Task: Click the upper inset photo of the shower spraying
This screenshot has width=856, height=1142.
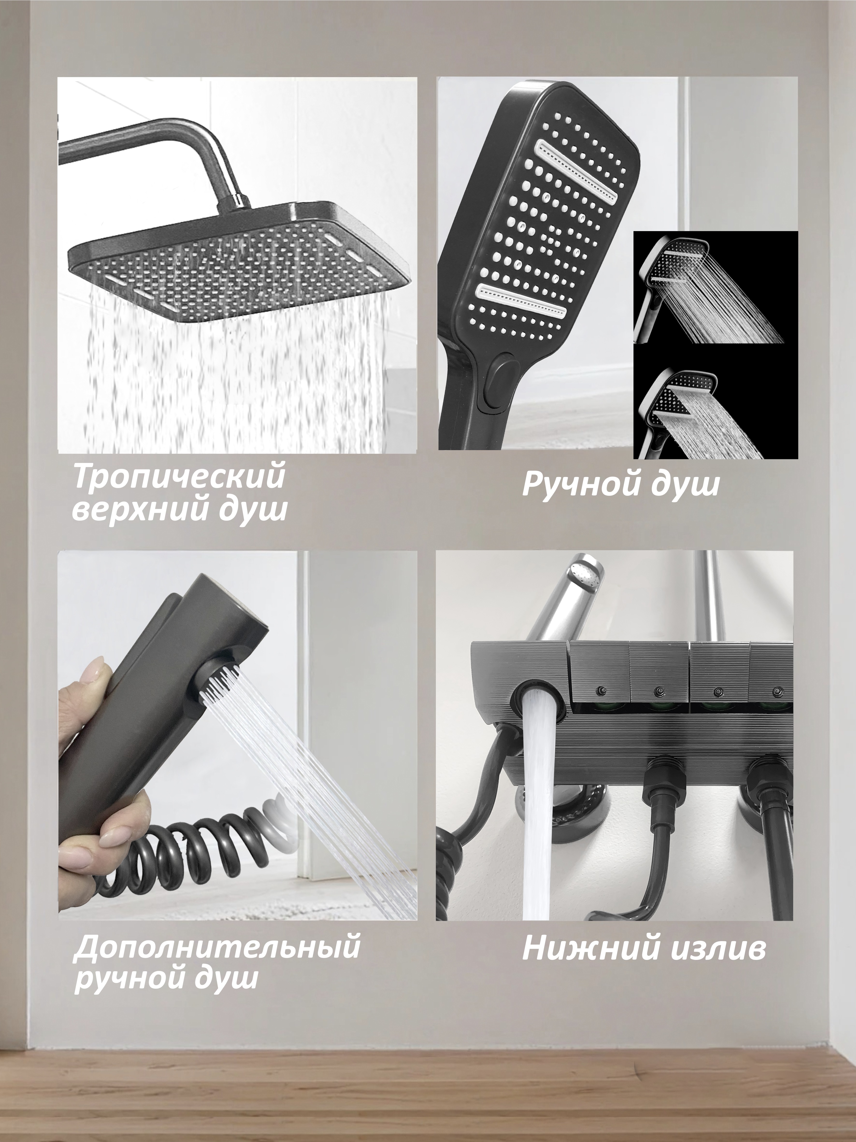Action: (x=715, y=286)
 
